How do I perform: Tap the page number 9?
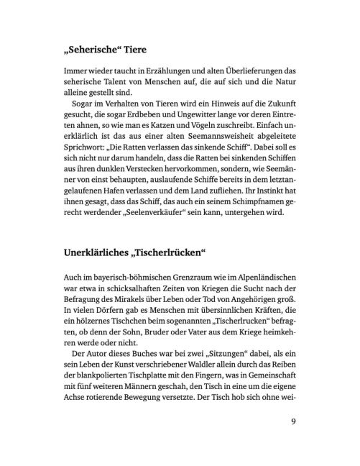[294, 421]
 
